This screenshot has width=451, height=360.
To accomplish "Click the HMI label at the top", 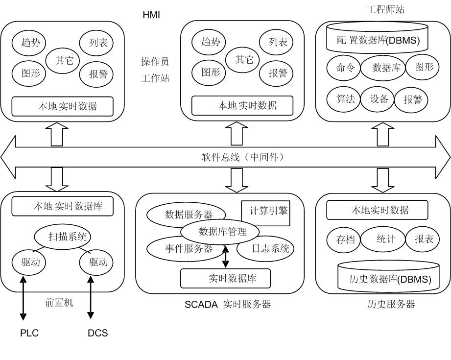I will (x=151, y=15).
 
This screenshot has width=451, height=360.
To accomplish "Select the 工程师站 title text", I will (x=385, y=9).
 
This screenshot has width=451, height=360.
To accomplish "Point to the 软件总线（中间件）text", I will (x=243, y=157).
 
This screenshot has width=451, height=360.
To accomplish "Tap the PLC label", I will (x=29, y=333).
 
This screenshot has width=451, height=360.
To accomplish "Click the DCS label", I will (x=97, y=333).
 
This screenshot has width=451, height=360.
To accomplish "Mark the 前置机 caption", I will (x=59, y=303).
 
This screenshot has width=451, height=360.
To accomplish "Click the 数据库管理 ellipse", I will (x=222, y=231).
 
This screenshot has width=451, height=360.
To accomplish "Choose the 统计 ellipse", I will (x=385, y=240).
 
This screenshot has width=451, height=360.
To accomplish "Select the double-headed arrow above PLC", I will (x=23, y=299).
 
